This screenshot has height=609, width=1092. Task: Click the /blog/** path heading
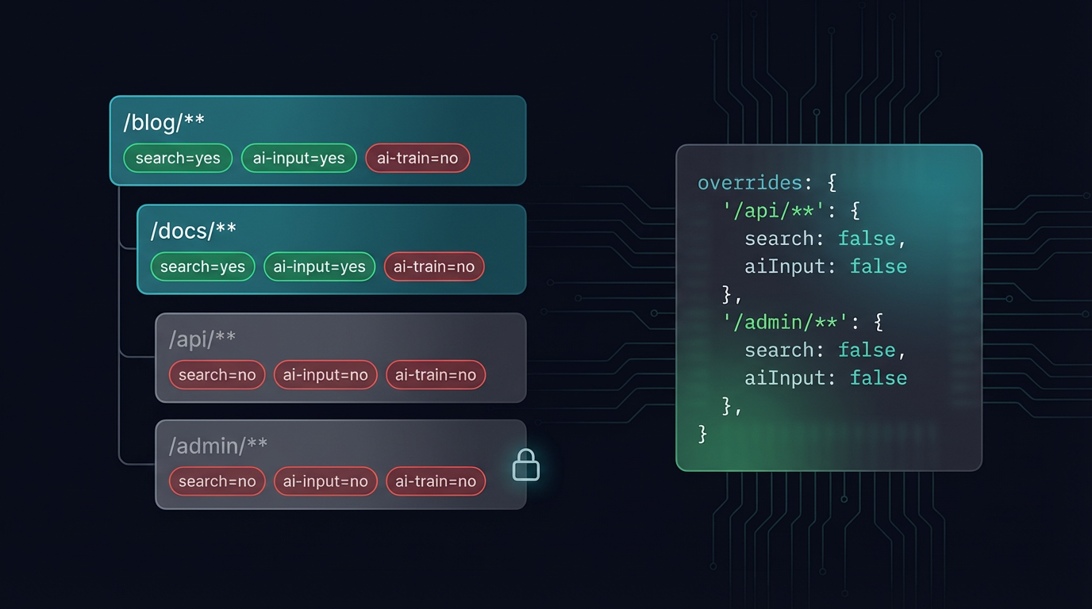pos(163,122)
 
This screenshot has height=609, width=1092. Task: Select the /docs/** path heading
pos(193,230)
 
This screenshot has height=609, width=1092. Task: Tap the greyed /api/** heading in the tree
pos(202,339)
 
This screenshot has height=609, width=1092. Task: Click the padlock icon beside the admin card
pos(525,465)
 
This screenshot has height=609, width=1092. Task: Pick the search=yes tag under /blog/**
pos(178,158)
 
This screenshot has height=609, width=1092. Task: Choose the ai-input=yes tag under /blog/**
pos(298,158)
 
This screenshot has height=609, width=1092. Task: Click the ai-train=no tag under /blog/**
pos(417,158)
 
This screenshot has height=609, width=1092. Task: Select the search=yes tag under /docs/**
pos(202,266)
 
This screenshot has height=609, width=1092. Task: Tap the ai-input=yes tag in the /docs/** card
pos(319,266)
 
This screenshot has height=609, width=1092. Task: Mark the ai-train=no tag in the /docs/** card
pos(434,266)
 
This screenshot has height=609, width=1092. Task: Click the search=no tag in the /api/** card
pos(217,375)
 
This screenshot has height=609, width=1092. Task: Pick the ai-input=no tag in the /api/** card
pos(325,375)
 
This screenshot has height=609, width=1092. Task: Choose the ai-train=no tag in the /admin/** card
pos(435,481)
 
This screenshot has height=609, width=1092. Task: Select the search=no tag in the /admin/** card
pos(217,481)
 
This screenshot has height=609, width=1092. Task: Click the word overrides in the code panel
pos(750,183)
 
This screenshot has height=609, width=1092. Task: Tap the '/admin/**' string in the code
pos(786,322)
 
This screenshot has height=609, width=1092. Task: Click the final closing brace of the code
pos(702,434)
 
